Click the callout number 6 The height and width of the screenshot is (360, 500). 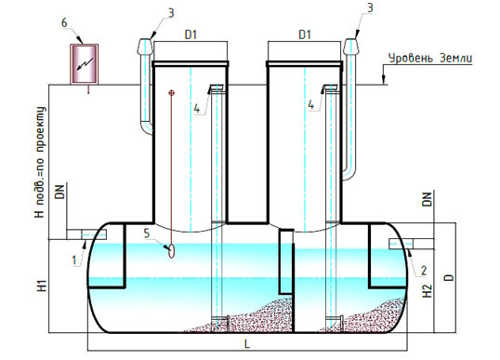(x=65, y=23)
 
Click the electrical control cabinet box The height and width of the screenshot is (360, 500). (x=85, y=64)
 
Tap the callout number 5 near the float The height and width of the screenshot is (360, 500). (x=147, y=233)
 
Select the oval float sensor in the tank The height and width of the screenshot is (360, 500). (x=172, y=251)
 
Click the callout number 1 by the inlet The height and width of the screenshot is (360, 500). (x=74, y=260)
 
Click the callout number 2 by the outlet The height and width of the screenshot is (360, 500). (x=424, y=271)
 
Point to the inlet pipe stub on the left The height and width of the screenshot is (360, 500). (x=86, y=234)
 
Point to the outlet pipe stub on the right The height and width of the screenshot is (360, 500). (x=412, y=244)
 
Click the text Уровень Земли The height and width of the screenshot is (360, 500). (x=430, y=59)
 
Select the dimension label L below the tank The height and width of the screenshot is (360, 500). (x=247, y=344)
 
